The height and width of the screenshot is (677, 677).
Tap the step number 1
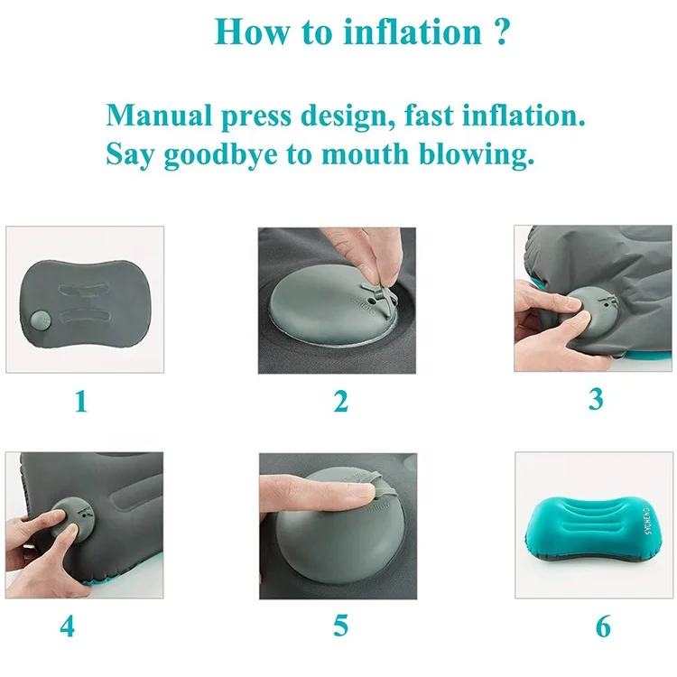tap(81, 401)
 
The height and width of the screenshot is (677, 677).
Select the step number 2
tap(340, 401)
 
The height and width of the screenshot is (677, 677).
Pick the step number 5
tap(340, 625)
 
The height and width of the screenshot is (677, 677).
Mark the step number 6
tap(602, 625)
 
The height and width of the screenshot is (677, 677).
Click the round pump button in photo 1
tap(39, 320)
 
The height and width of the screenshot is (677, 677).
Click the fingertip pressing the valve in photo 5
tap(354, 493)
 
